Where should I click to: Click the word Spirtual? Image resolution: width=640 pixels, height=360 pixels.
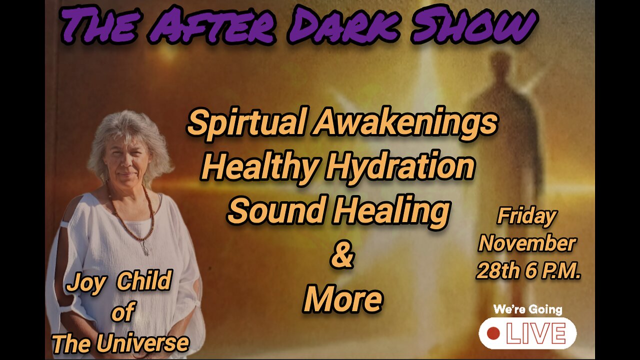point(245,122)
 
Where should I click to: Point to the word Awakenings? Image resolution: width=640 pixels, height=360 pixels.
point(405,122)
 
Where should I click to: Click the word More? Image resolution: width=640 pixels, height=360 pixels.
point(342,298)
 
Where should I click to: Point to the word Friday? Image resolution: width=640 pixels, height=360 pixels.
point(526,216)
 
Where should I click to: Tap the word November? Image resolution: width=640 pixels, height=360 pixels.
point(527,243)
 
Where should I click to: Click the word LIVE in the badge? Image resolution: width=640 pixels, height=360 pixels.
point(536,333)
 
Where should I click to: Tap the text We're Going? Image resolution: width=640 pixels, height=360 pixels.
point(527,309)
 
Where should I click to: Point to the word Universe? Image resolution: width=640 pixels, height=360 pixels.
point(148,343)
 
